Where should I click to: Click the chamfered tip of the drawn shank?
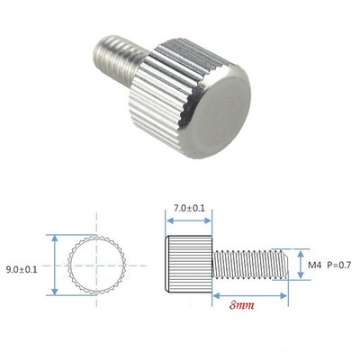[x=288, y=264]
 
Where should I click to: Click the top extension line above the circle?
[x=72, y=235]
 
